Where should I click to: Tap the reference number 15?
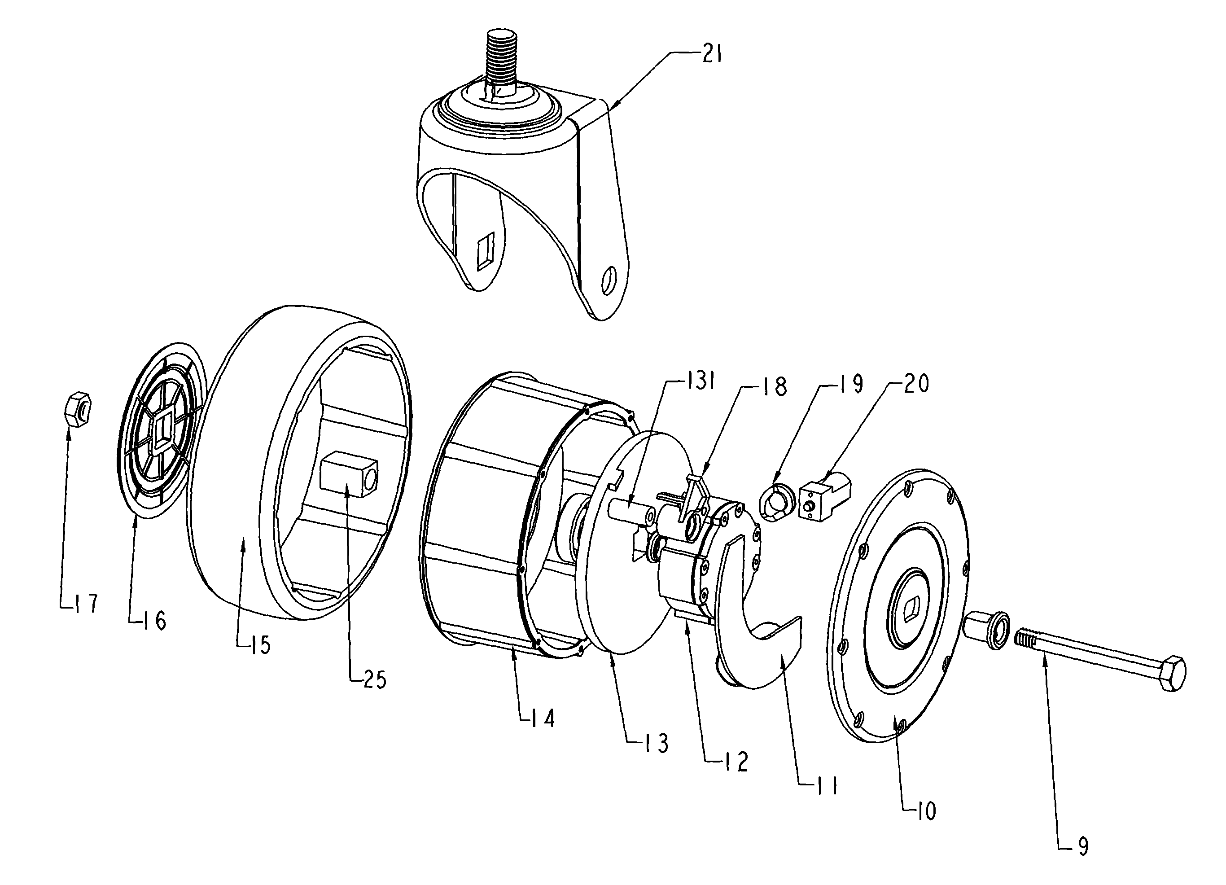(261, 644)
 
